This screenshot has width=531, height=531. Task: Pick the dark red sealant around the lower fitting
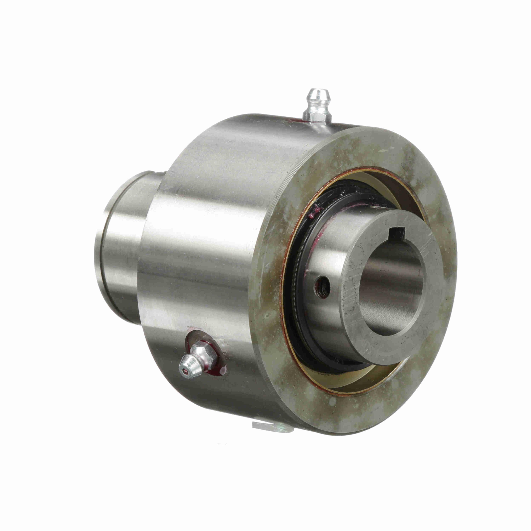[220, 370]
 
